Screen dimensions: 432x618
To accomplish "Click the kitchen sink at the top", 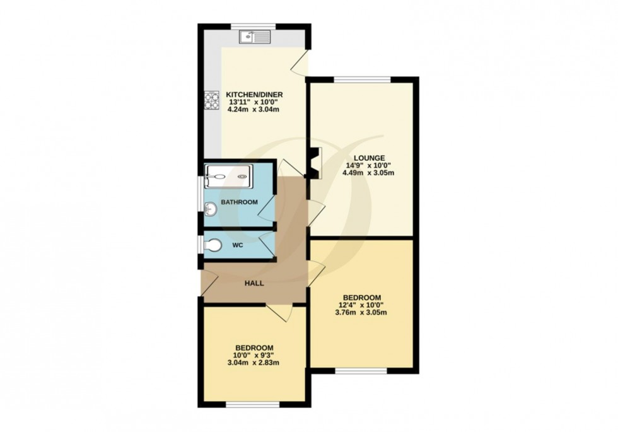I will [x=255, y=37].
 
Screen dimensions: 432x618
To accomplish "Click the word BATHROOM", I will [x=238, y=202].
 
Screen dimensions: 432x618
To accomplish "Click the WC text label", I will [x=238, y=244].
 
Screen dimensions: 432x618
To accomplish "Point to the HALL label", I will [x=254, y=283].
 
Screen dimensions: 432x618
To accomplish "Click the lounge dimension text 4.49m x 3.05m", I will [x=369, y=173].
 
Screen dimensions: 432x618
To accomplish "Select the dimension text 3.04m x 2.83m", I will [x=254, y=363].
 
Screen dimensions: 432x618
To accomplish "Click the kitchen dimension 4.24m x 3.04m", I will [x=252, y=110].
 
